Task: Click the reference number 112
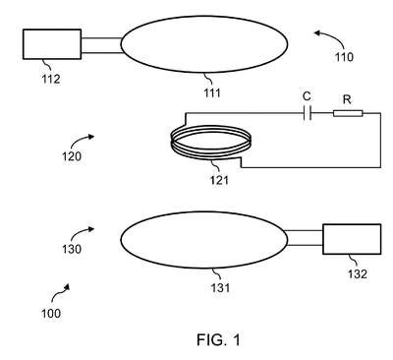(51, 79)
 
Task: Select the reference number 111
(212, 93)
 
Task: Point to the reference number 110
(344, 57)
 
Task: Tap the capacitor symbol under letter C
(307, 113)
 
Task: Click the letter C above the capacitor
(307, 96)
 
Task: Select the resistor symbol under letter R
(348, 113)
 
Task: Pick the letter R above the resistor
(347, 99)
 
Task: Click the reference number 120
(72, 156)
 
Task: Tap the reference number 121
(219, 180)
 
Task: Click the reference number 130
(72, 249)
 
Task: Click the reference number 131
(220, 288)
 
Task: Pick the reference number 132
(358, 273)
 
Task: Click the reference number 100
(51, 314)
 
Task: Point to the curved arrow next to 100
(59, 293)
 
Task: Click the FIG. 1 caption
(218, 339)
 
